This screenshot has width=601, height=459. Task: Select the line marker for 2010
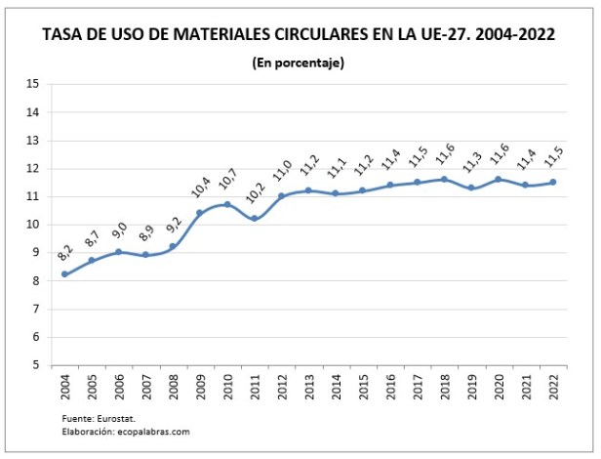(x=227, y=204)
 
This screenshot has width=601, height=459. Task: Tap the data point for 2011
(x=255, y=219)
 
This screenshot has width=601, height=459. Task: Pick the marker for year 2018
(x=444, y=179)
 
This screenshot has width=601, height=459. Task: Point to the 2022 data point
(x=552, y=182)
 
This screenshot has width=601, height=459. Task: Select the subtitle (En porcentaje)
(x=299, y=63)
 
